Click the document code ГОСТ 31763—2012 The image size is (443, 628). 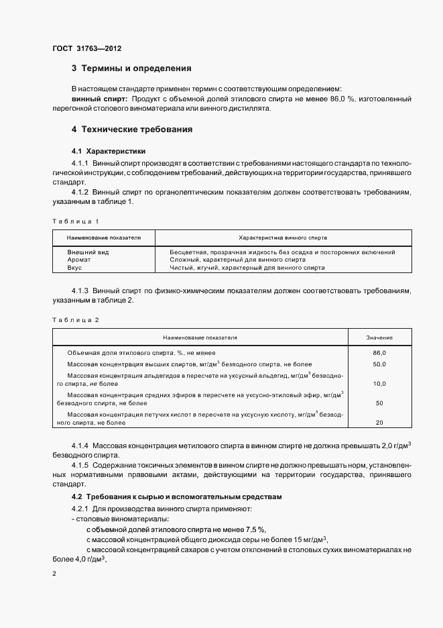[87, 48]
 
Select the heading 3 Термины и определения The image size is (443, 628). [131, 68]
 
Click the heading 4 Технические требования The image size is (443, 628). [131, 128]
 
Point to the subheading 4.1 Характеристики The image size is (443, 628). [109, 151]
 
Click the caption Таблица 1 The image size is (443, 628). [75, 221]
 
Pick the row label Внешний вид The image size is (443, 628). [88, 252]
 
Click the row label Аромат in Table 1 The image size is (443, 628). [79, 260]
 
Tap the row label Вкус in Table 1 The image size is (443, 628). [74, 268]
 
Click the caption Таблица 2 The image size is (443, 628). [75, 320]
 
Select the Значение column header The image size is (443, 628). [379, 337]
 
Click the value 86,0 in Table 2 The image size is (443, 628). [379, 352]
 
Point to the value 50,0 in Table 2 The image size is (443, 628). [379, 364]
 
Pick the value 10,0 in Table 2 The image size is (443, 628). [379, 384]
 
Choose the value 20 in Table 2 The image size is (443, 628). [379, 423]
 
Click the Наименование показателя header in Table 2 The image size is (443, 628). [200, 337]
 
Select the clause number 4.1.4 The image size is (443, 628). [80, 446]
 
